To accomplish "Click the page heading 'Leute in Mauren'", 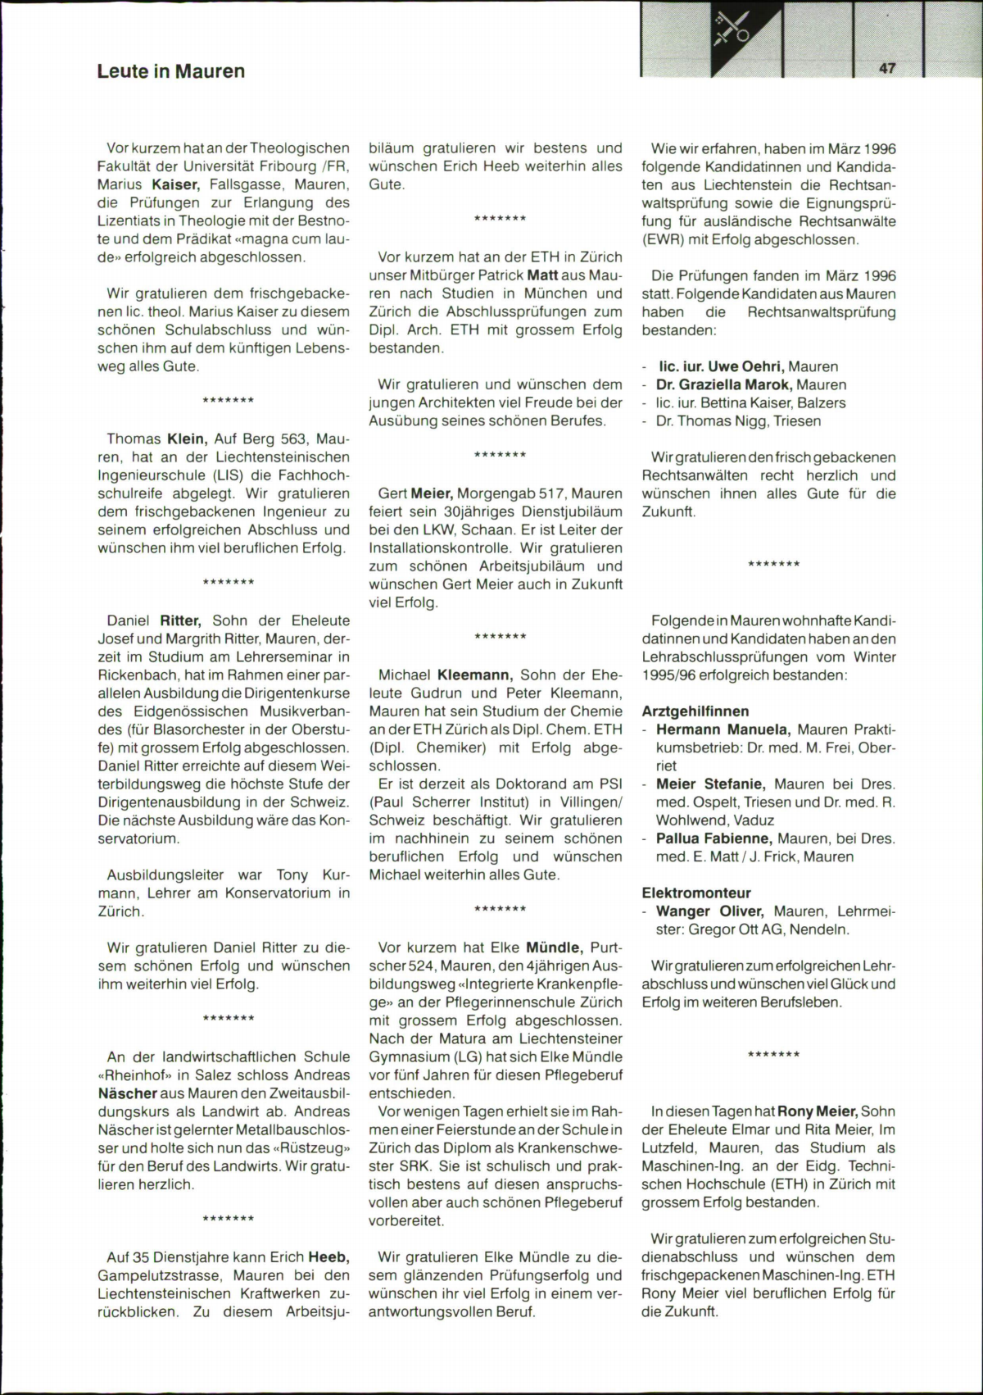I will pos(170,71).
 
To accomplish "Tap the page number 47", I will pos(887,69).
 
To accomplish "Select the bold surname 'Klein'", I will pos(186,438).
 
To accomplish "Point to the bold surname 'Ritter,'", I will pos(179,620).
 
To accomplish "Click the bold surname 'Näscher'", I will pos(127,1093).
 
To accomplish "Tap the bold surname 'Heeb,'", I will pos(328,1256).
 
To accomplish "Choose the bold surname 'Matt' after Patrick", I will pos(542,275).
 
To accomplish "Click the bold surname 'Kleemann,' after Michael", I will pos(475,675).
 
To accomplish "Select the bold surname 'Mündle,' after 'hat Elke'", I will pos(554,947).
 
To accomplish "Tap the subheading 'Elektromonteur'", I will pos(696,893).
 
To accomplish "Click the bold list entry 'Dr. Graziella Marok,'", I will pos(723,384).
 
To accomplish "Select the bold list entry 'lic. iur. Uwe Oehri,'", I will pos(722,366).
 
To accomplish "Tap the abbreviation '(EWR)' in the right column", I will pos(664,239).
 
